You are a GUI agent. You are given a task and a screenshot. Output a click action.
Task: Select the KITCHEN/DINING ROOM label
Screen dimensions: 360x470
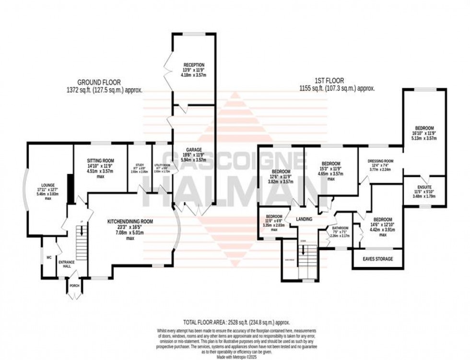[130, 221]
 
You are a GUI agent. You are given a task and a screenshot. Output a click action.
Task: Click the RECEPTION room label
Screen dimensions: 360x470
[194, 65]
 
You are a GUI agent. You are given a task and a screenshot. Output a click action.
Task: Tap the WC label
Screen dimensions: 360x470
[48, 257]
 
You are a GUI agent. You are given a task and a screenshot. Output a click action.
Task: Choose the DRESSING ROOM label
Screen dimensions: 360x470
[380, 161]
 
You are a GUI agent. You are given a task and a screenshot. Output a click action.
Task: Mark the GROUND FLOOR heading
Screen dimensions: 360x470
[101, 82]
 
